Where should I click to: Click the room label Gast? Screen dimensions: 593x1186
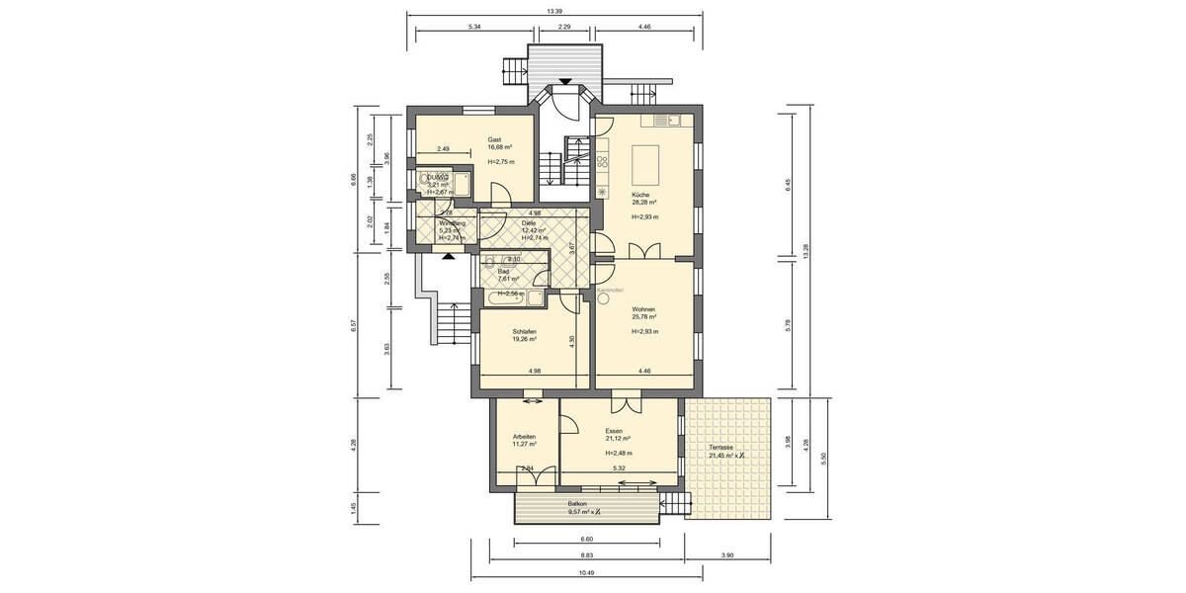click(495, 139)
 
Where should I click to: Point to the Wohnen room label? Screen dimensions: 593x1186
click(644, 308)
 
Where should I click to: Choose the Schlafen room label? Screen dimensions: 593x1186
click(525, 331)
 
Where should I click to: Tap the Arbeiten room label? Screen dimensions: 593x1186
click(524, 436)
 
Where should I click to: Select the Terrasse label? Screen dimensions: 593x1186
click(720, 448)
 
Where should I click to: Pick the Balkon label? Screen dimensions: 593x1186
click(578, 503)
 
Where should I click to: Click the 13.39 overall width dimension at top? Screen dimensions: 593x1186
click(555, 12)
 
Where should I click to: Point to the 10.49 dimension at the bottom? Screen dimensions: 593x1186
click(586, 572)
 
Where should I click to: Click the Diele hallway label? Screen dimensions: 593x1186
click(529, 223)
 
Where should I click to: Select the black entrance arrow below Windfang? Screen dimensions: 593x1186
click(450, 255)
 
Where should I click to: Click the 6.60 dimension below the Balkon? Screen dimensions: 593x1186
click(585, 540)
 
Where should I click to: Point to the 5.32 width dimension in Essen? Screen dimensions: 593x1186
click(619, 468)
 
